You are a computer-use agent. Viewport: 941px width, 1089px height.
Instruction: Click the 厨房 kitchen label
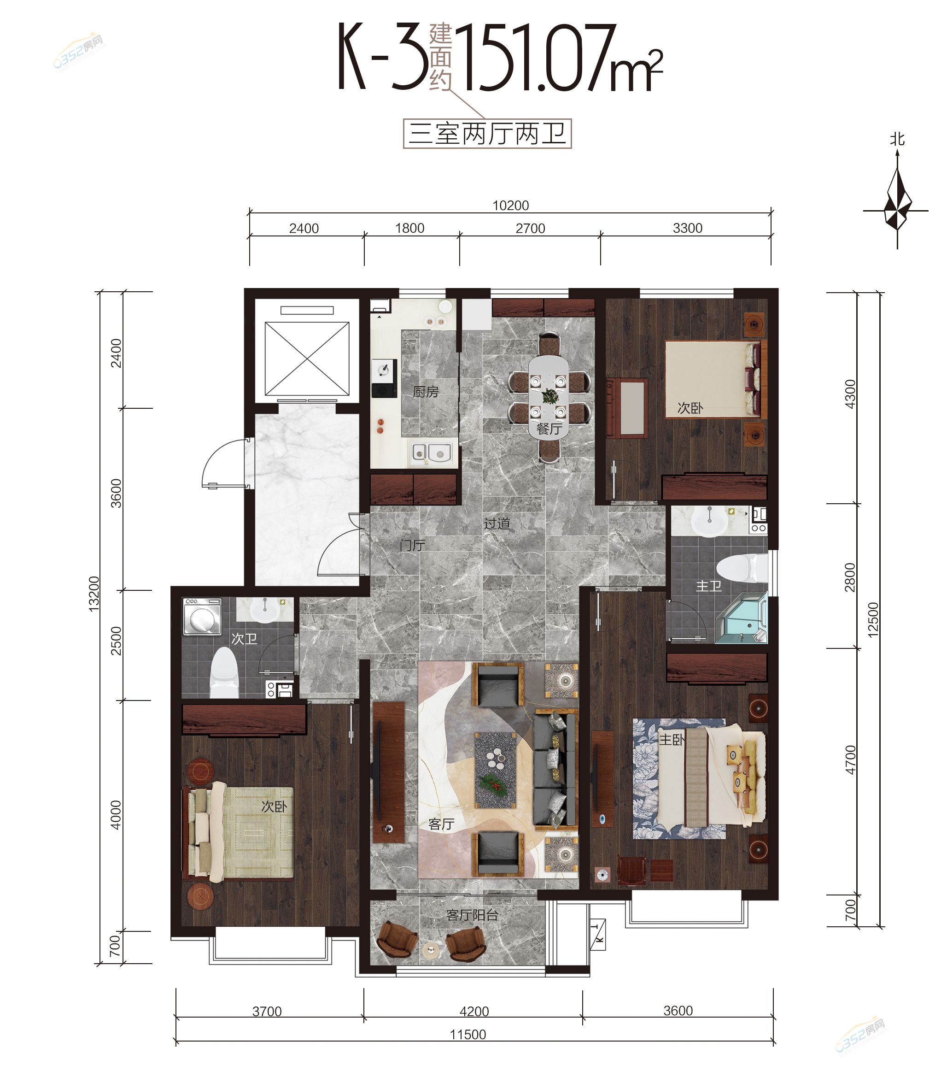pos(426,392)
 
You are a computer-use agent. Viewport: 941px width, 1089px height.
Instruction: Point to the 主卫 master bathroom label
pos(709,586)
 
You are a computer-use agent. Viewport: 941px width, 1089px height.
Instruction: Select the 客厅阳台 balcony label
pos(472,915)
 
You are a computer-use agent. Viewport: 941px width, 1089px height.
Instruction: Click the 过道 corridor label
pos(497,523)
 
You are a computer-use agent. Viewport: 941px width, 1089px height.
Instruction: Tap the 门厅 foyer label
pos(412,545)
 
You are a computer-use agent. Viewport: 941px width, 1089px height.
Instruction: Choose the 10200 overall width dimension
pos(510,206)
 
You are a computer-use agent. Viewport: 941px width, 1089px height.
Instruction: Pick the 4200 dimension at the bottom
pos(474,1011)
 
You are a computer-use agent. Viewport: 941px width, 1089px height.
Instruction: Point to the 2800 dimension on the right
pos(850,577)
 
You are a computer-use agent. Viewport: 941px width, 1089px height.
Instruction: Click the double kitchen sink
pos(432,453)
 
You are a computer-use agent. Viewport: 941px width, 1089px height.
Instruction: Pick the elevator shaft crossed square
pos(307,359)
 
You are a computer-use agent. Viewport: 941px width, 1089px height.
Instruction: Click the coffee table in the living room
pos(496,770)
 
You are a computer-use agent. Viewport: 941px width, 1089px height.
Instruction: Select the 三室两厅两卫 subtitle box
pos(487,134)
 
